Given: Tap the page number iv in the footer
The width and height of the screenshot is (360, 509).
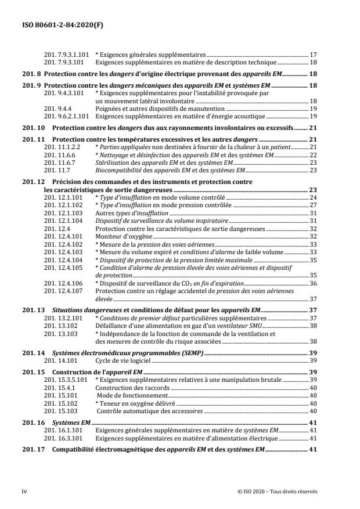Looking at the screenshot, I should (24, 490).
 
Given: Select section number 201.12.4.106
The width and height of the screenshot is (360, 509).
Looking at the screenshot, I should (63, 283).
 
